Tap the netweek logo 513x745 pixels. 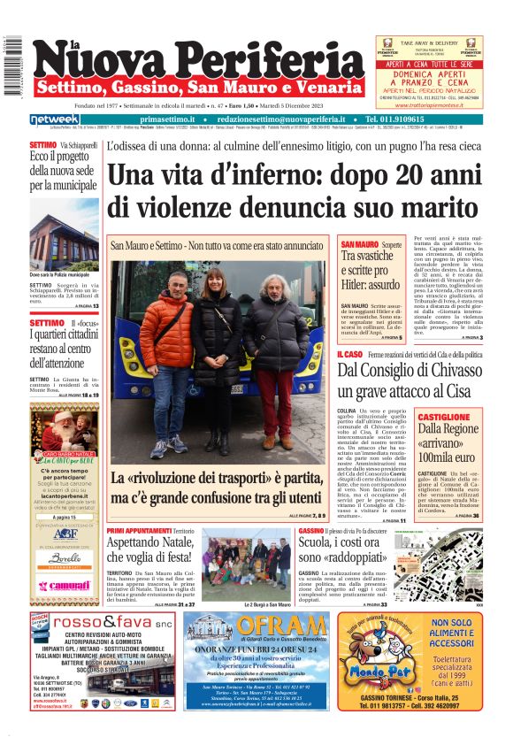coord(54,119)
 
